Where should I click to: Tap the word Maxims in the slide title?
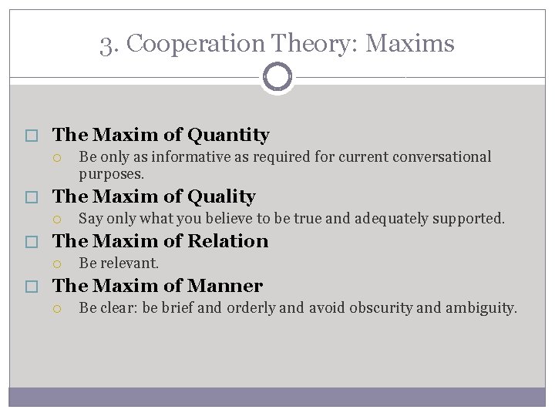tap(410, 44)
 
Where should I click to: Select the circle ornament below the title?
tap(277, 77)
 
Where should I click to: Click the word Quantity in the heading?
tap(228, 136)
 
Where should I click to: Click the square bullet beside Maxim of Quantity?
tap(31, 136)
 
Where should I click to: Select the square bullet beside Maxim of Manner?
tap(31, 287)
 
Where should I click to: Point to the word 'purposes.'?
tap(112, 174)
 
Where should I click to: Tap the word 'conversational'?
tap(442, 157)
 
